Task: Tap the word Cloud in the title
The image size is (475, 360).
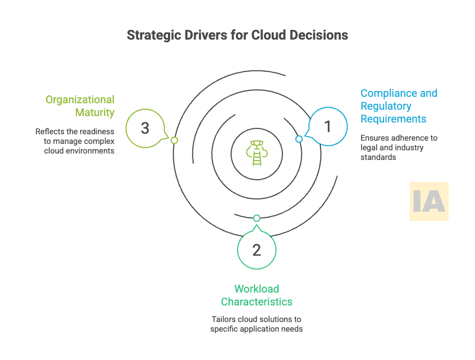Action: pos(275,35)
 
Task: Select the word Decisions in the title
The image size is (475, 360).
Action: pos(324,35)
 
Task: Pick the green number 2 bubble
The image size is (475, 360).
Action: pos(257,250)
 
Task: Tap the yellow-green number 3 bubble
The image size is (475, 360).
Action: pos(145,128)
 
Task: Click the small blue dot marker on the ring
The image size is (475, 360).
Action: pos(299,139)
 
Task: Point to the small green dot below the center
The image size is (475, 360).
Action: pos(257,218)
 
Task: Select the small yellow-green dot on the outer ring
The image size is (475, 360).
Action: pos(174,140)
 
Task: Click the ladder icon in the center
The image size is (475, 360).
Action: pos(257,151)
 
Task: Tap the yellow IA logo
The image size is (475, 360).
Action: pos(429,201)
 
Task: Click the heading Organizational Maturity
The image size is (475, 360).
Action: pos(80,106)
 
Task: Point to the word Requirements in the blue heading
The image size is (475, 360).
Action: pos(393,119)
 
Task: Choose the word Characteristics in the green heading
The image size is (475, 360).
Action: pos(257,302)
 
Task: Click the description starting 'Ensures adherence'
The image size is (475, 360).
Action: pos(399,147)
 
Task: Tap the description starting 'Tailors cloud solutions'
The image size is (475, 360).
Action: pos(257,324)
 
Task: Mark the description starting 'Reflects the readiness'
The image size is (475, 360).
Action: pos(75,141)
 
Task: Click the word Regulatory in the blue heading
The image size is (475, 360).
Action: pos(386,106)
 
